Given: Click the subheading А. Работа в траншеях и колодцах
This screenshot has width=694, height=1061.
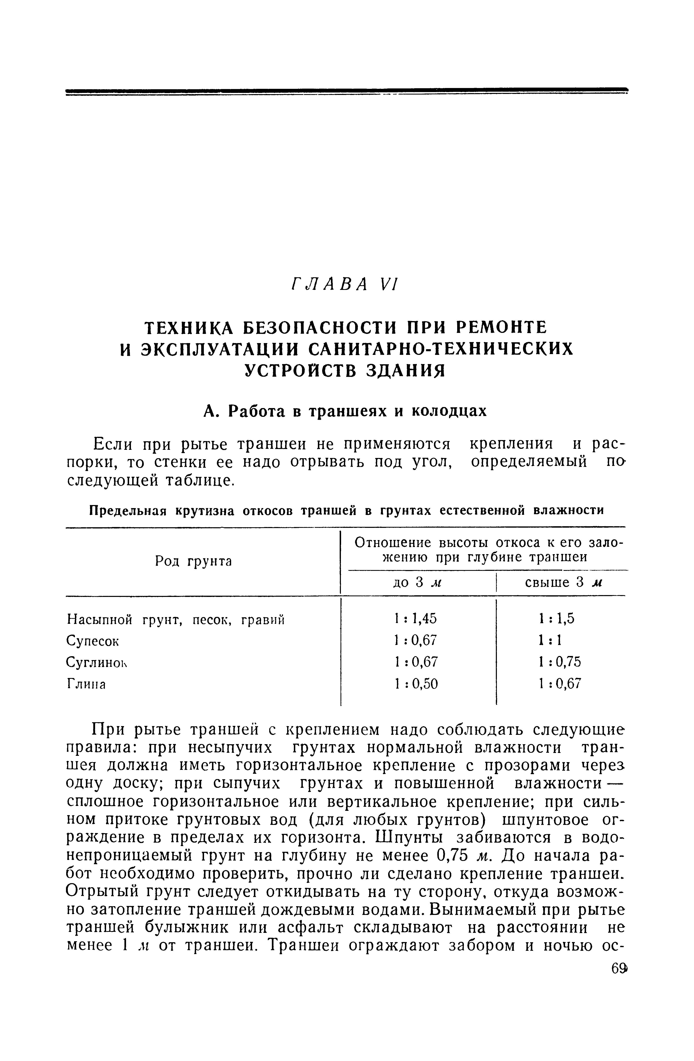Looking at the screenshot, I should (x=345, y=411).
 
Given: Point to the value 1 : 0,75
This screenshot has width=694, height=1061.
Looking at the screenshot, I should (x=559, y=662).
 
